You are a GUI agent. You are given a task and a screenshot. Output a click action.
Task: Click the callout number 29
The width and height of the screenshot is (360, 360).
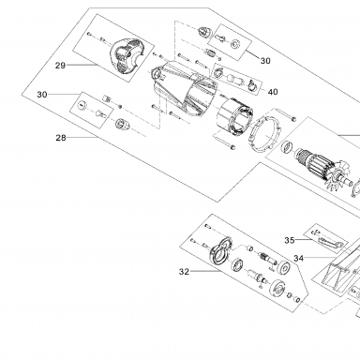coord(60,66)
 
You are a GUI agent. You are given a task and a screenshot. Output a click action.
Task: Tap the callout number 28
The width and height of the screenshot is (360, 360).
coord(61,138)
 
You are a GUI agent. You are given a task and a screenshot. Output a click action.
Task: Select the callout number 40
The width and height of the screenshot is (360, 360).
coord(273,92)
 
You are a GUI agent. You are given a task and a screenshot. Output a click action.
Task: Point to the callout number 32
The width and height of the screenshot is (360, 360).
coord(184,272)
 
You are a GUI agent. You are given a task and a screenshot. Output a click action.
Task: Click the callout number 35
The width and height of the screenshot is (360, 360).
coord(290,240)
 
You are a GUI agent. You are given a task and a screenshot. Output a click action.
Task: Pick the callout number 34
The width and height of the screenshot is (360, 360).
coord(299,259)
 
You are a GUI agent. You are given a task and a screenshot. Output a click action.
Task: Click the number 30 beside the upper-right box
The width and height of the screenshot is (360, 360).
coord(265,61)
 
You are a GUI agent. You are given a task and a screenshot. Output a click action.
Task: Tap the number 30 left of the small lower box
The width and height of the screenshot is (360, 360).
coord(42,95)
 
